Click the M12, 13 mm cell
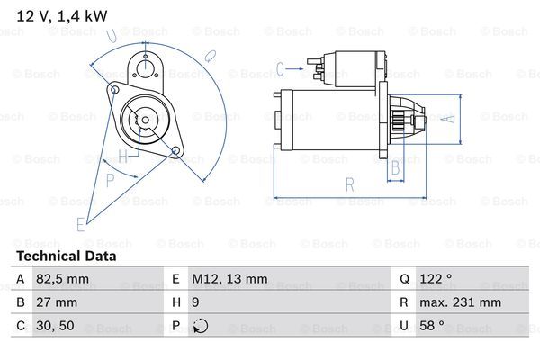[229, 279]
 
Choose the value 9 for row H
[195, 302]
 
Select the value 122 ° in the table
[436, 279]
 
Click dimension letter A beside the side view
[451, 118]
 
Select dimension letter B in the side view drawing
[393, 166]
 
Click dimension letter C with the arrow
[281, 67]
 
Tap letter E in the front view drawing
[81, 223]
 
